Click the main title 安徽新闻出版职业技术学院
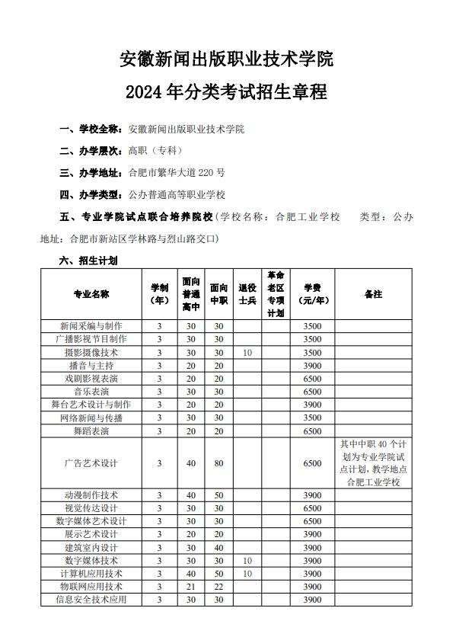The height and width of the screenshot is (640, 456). (228, 58)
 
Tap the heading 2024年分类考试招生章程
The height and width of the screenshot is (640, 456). (228, 93)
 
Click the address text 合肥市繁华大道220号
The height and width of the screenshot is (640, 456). (178, 172)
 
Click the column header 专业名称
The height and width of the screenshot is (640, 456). (91, 294)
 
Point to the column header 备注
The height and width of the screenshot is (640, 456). (373, 294)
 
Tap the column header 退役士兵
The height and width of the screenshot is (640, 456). (247, 294)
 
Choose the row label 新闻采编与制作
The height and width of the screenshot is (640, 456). (91, 326)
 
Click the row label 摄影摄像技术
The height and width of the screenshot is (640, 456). (91, 353)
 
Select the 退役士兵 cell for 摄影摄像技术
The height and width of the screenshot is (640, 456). (247, 353)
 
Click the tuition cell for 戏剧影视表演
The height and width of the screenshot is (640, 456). (313, 379)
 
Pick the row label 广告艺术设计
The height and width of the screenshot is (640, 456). (91, 463)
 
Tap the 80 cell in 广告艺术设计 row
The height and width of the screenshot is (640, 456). (218, 463)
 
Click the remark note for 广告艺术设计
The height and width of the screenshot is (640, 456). (373, 463)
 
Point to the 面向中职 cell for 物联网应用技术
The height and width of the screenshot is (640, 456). (218, 587)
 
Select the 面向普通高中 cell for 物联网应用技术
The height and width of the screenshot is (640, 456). (190, 587)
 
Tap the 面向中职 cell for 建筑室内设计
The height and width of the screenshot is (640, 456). (218, 547)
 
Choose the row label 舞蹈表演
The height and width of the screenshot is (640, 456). (91, 431)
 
